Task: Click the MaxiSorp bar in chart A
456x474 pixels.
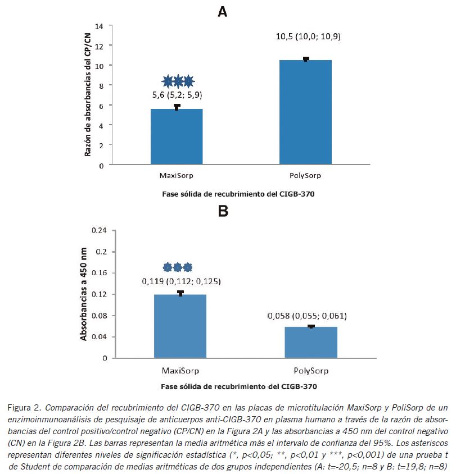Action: [x=177, y=137]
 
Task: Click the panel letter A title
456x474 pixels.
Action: [x=223, y=11]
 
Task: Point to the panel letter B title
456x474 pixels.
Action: [x=223, y=211]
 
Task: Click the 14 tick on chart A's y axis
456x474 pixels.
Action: [x=100, y=26]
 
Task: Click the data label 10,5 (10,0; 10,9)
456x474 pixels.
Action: [x=308, y=37]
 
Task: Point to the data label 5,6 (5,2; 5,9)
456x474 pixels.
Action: [x=178, y=94]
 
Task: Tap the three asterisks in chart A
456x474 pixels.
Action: [x=178, y=81]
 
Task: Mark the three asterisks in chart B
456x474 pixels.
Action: [x=178, y=267]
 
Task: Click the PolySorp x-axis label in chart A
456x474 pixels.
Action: [x=305, y=176]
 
